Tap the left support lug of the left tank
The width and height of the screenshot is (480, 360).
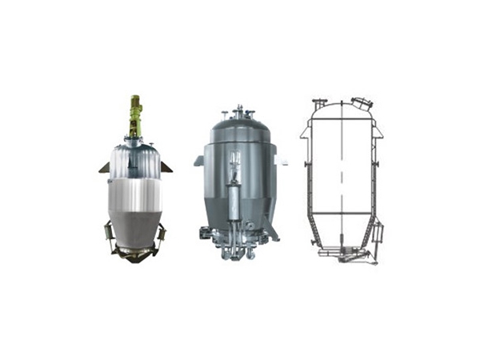(105, 167)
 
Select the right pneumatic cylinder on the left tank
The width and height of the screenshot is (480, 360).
(163, 234)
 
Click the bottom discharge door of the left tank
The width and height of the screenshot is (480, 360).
(134, 254)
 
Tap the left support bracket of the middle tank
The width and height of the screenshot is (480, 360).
(198, 161)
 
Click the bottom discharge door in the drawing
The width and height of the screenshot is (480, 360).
(342, 253)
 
